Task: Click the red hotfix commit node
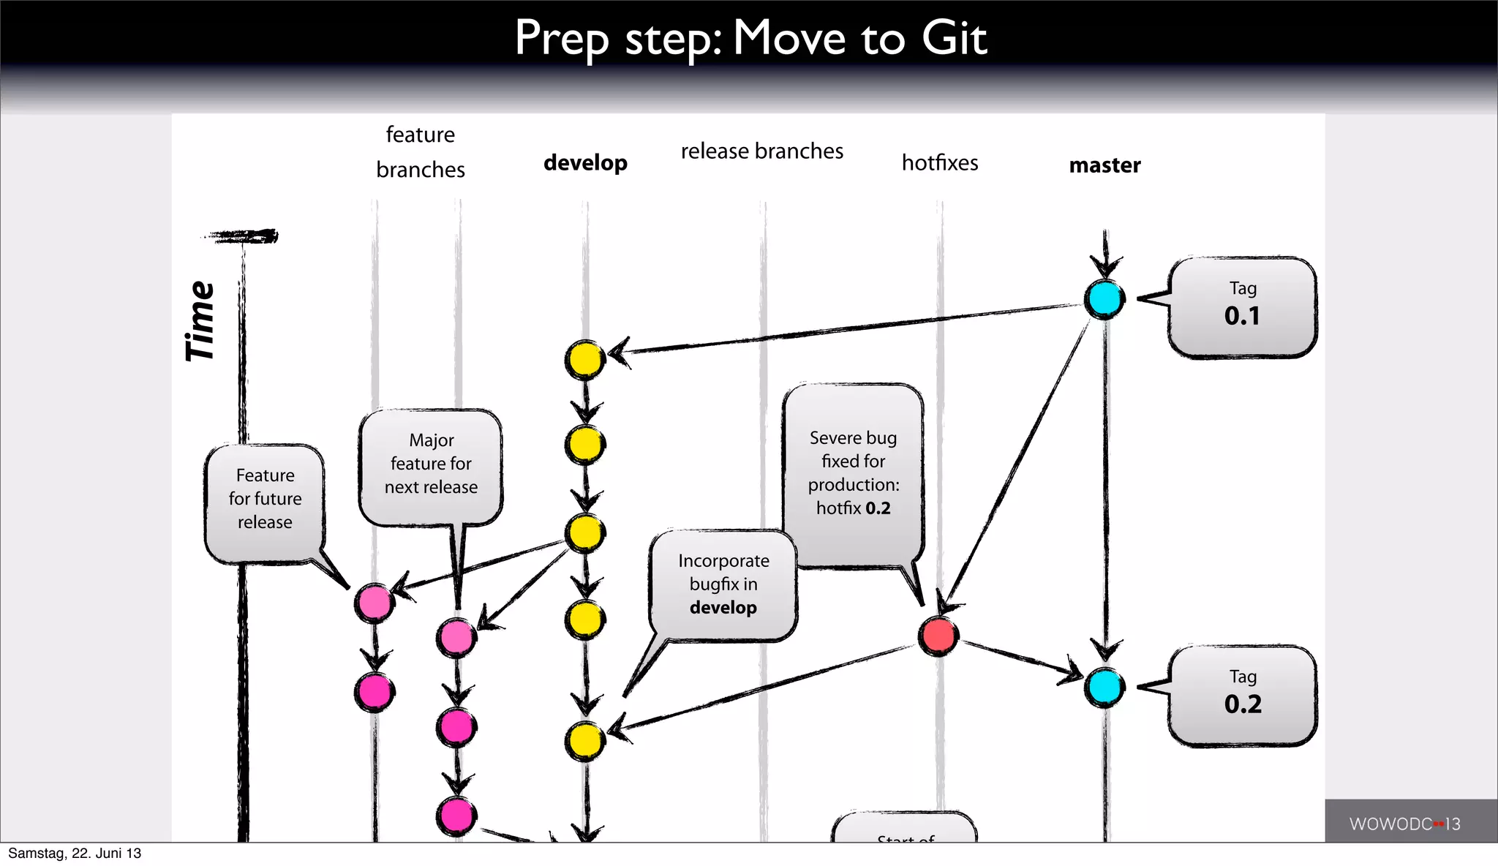(x=938, y=636)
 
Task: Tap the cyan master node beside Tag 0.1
(x=1104, y=299)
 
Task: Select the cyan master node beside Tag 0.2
(x=1104, y=688)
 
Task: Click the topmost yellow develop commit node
(x=585, y=360)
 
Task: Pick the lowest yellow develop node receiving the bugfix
(x=585, y=741)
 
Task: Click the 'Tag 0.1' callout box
(x=1242, y=307)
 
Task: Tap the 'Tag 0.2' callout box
(x=1242, y=696)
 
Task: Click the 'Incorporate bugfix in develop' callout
(x=723, y=584)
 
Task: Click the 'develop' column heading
(x=585, y=162)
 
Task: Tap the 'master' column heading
(x=1104, y=165)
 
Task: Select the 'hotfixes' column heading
(x=940, y=162)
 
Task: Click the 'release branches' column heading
(x=761, y=151)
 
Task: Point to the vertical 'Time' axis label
(x=200, y=322)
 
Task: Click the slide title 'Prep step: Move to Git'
(x=750, y=38)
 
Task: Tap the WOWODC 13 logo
(x=1404, y=824)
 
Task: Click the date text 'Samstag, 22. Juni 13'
(x=75, y=854)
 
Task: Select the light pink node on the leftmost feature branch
(x=374, y=603)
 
